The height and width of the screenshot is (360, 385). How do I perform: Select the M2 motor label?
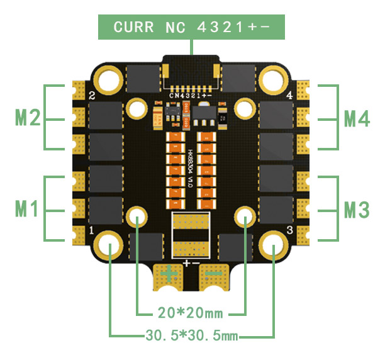(x=27, y=118)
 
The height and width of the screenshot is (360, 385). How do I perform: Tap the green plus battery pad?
(x=169, y=274)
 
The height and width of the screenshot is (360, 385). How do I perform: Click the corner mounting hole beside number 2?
(x=109, y=79)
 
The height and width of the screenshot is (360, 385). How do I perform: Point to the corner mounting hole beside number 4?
(x=274, y=79)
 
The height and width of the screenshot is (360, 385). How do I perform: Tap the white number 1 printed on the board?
(x=92, y=231)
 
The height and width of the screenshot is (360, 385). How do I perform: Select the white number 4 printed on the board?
(x=289, y=96)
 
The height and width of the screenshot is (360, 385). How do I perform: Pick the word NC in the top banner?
(x=177, y=27)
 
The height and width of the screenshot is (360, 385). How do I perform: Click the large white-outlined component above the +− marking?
(x=191, y=233)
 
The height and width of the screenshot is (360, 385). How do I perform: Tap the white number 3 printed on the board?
(x=289, y=231)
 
